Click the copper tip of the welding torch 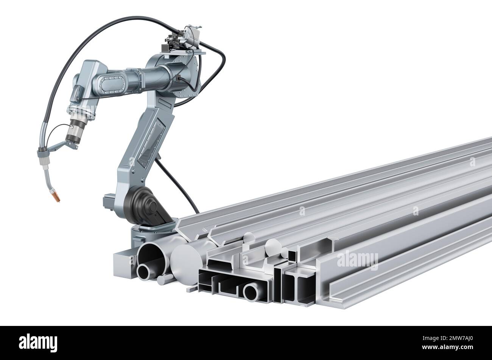(x=57, y=198)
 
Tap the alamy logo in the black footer (x=38, y=343)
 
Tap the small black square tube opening (x=292, y=256)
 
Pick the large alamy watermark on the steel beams (x=357, y=260)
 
